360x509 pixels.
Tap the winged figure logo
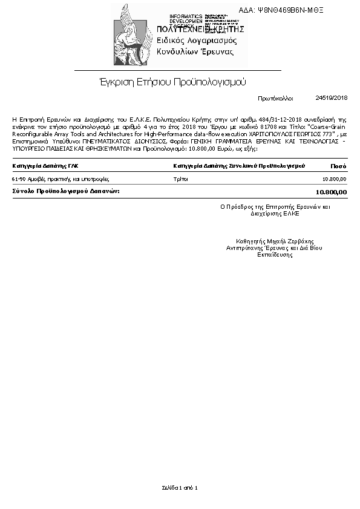coord(131,36)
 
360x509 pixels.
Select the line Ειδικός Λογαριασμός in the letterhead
coord(197,40)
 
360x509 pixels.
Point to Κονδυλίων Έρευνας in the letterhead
coord(195,52)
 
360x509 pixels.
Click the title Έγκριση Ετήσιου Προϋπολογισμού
coord(173,81)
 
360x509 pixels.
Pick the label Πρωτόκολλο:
coord(275,97)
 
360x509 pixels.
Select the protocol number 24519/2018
coord(332,97)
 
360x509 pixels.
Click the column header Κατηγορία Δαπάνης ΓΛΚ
coord(45,165)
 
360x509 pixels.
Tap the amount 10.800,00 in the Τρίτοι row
coord(335,179)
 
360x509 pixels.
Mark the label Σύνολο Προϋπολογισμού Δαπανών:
coord(66,191)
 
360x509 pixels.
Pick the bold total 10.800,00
coord(332,192)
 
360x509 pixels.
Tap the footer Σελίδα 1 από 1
coord(180,487)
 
